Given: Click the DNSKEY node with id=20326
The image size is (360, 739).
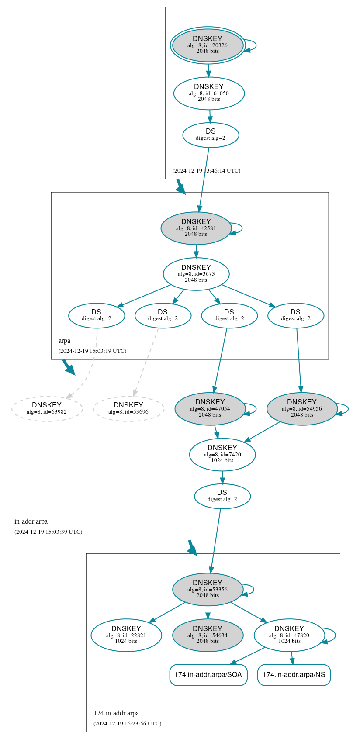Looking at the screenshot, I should pos(208,45).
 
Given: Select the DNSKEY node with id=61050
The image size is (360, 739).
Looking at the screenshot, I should pos(209,93).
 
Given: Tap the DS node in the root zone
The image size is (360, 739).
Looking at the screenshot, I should pos(211,135).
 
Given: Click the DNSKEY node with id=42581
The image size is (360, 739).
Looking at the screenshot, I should pos(196,228).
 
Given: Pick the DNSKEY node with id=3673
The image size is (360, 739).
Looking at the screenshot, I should pos(196,274).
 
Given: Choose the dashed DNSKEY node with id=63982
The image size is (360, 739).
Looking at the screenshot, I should pos(47,408).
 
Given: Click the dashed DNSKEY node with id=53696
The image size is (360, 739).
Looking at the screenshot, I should pos(128,408).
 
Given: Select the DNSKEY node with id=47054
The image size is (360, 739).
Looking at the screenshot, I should pos(210,408).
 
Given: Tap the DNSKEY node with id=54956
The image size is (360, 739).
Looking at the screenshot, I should pos(302,408).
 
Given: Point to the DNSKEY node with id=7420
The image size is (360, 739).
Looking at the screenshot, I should pos(222,454).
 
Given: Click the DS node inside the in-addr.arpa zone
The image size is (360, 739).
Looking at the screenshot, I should pos(222,496).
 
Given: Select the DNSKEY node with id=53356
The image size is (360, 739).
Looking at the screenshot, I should pos(208,589).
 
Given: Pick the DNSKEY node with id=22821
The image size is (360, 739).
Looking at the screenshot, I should pos(126,635).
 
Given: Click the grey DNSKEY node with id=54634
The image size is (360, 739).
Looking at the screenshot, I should pos(208,635).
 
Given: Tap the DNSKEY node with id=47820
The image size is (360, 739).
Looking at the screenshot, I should pos(289,635).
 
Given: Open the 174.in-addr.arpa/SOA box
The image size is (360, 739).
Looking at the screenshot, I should pos(208,675).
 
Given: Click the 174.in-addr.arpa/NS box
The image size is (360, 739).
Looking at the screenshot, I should pos(294,675).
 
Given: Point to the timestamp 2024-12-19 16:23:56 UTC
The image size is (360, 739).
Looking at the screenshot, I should pos(127,723).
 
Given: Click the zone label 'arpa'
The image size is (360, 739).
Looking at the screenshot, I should pos(64,341).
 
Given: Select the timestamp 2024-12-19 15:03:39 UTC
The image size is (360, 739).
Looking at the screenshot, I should pos(48,532).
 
